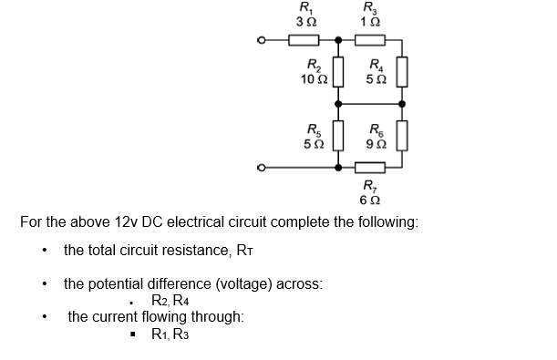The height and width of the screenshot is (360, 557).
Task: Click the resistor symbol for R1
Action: point(304,40)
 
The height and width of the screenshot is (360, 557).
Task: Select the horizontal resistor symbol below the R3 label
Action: point(371,40)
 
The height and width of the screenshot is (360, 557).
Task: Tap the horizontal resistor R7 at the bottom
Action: point(371,167)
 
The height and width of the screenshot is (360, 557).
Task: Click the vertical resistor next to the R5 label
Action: point(337,136)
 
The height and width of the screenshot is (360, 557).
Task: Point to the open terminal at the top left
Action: point(263,40)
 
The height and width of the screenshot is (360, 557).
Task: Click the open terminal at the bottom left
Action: point(263,167)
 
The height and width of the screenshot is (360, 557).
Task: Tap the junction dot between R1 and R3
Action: point(337,40)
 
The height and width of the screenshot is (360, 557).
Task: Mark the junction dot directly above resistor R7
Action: point(337,167)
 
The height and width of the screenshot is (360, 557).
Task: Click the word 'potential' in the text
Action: point(119,283)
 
